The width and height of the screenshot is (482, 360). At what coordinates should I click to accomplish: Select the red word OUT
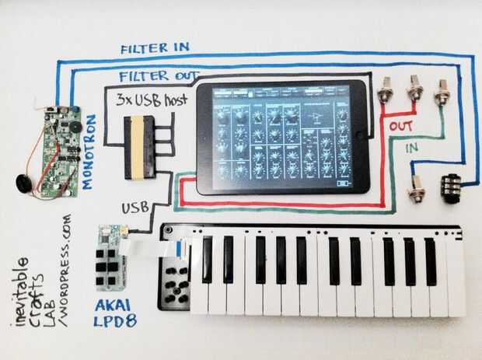(x=401, y=125)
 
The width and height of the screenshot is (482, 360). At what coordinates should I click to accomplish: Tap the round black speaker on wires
(x=24, y=185)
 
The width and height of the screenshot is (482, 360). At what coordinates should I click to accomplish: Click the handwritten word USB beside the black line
(x=134, y=208)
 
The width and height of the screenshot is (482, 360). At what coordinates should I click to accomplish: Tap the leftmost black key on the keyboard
(x=207, y=259)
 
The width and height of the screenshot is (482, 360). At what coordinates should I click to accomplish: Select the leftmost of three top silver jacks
(x=383, y=95)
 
